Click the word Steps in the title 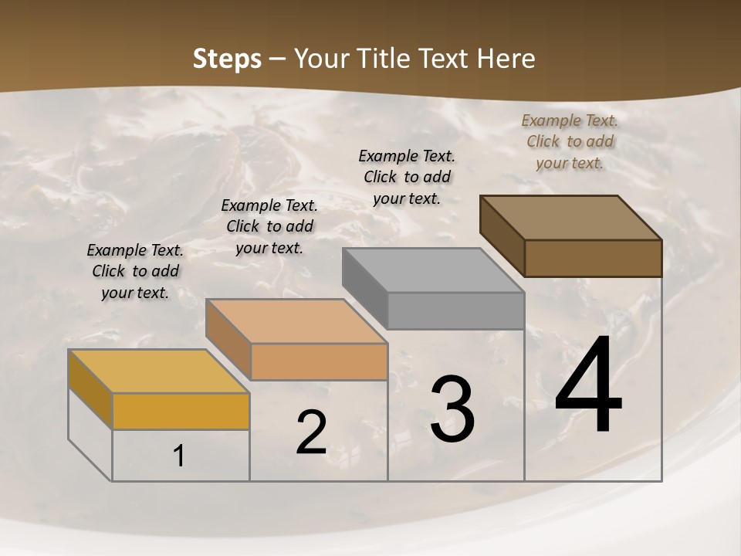click(227, 59)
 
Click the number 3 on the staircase click(452, 409)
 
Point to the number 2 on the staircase click(312, 432)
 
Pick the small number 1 click(179, 456)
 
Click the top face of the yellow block click(158, 371)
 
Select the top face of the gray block click(433, 270)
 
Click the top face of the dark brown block click(571, 218)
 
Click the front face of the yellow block click(181, 411)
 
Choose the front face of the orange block click(319, 361)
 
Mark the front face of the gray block click(455, 310)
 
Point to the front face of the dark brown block click(593, 258)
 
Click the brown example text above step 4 click(570, 141)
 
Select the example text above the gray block click(407, 177)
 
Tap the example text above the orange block click(269, 226)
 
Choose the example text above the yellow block click(135, 271)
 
